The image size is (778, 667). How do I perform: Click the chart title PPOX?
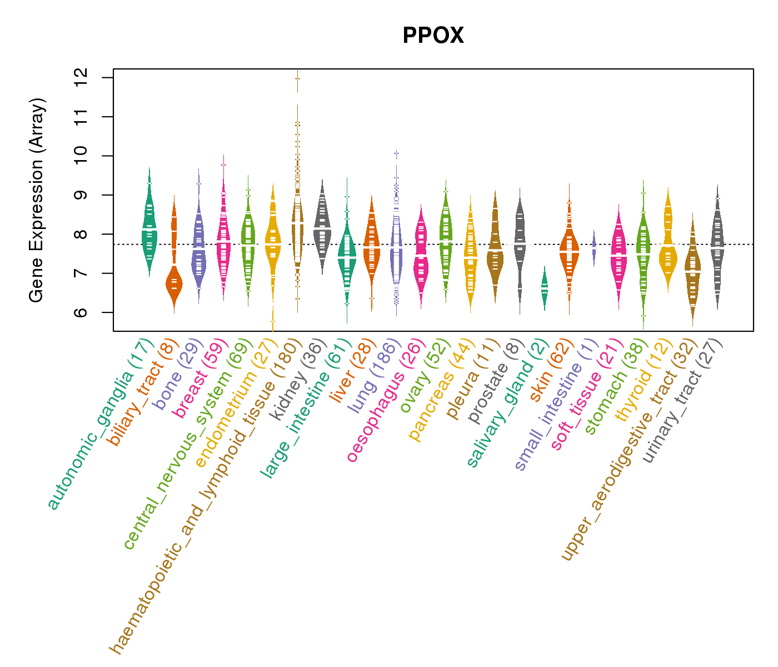[x=433, y=36]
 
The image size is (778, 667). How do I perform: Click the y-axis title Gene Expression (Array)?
[x=37, y=200]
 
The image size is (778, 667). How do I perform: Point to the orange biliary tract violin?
[x=174, y=283]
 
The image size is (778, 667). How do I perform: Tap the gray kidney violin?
[x=322, y=228]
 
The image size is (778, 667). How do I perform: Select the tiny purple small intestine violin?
[x=594, y=248]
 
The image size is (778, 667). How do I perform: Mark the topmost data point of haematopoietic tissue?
[x=298, y=78]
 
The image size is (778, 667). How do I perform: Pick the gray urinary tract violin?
[x=717, y=245]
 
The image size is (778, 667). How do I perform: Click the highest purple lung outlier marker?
[x=396, y=152]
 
